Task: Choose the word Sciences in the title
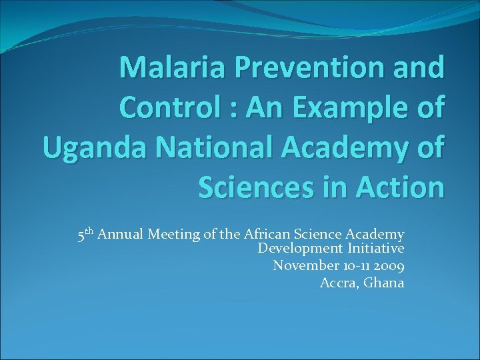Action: pos(256,187)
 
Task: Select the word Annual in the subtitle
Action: pos(121,234)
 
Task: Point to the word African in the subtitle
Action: pos(267,234)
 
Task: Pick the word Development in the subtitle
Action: pos(299,249)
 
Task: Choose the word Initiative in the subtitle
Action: pos(375,249)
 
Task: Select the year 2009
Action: pos(389,265)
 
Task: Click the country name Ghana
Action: pos(385,282)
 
